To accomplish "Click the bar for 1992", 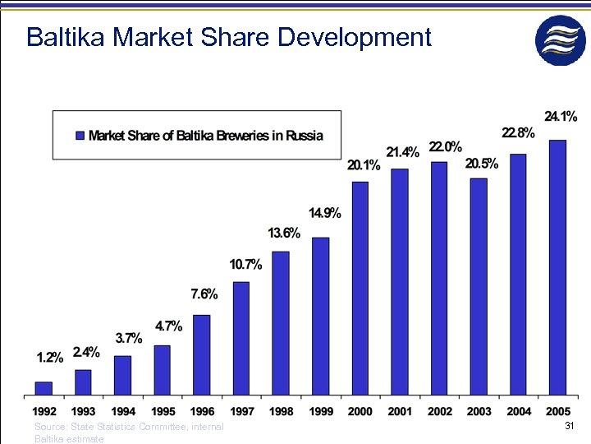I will tap(44, 388).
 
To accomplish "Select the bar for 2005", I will tap(557, 267).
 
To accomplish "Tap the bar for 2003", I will tap(479, 286).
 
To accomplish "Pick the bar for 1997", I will tap(241, 338).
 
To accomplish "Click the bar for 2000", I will tap(360, 288).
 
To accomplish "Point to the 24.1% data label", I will tap(561, 117).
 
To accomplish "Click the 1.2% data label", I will tap(50, 357).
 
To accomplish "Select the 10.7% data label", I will tap(245, 265).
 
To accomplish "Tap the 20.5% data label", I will tap(481, 164).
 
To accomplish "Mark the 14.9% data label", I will tap(325, 214).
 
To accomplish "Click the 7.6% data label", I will tap(204, 294).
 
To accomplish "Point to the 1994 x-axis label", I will tap(123, 411).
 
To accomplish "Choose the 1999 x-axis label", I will tap(321, 411).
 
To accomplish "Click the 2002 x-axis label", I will tap(439, 411).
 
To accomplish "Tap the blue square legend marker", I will tap(80, 136).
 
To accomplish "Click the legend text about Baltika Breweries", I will tap(205, 136).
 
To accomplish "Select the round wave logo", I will tap(561, 40).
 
